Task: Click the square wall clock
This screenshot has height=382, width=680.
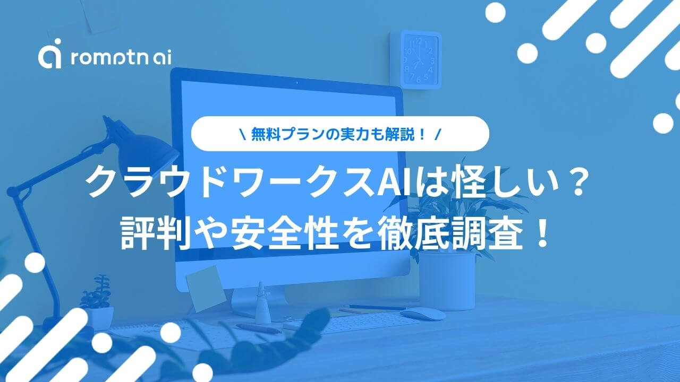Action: [x=416, y=60]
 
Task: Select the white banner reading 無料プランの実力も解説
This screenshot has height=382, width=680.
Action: [x=340, y=134]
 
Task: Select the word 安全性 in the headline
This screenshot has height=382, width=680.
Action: [x=285, y=234]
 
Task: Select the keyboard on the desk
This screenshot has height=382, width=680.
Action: [x=346, y=324]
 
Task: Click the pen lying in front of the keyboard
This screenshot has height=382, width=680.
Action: [x=259, y=328]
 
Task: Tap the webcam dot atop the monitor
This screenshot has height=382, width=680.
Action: [x=296, y=82]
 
